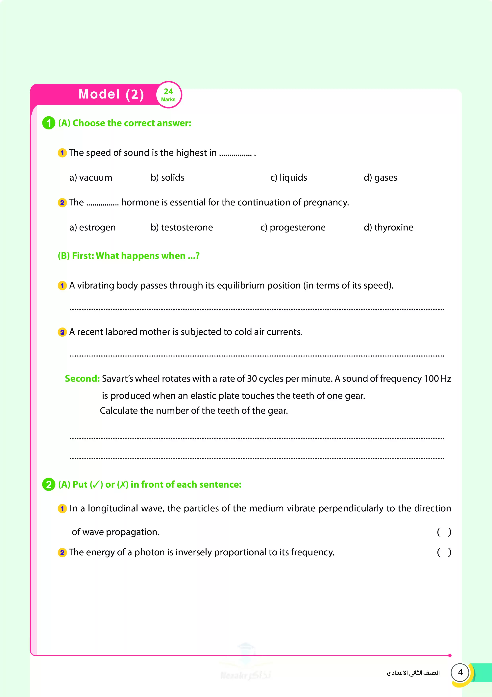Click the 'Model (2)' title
111,94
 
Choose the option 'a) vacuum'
91,178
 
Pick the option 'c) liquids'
289,178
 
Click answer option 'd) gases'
381,178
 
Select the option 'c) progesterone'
293,227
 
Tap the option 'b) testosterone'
182,227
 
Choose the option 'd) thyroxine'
388,227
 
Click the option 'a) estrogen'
92,227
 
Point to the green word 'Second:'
82,379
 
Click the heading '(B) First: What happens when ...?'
129,256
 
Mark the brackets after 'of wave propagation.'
444,532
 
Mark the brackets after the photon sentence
444,552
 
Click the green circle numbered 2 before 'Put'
48,484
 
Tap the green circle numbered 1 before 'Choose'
48,123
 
